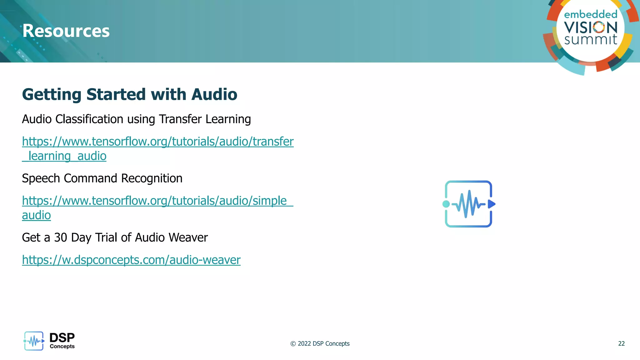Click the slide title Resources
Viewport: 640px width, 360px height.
point(66,31)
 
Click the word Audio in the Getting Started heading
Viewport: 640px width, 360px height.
point(214,94)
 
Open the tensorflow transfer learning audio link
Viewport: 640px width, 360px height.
point(157,142)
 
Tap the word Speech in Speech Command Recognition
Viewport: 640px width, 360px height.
point(41,178)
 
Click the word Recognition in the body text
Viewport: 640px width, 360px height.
point(152,178)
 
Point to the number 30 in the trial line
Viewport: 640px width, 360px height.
point(61,237)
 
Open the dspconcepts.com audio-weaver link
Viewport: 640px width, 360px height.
point(131,260)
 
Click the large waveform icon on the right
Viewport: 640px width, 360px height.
point(468,204)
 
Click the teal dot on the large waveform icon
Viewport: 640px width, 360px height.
point(446,204)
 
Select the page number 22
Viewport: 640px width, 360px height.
point(621,344)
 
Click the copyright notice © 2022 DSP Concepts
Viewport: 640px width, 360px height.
point(320,344)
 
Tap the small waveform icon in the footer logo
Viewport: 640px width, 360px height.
point(34,341)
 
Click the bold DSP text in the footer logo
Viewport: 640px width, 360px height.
point(62,337)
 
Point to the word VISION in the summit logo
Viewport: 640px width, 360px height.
point(591,27)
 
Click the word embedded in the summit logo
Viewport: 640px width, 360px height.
point(591,14)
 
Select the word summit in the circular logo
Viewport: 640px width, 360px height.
point(591,40)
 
